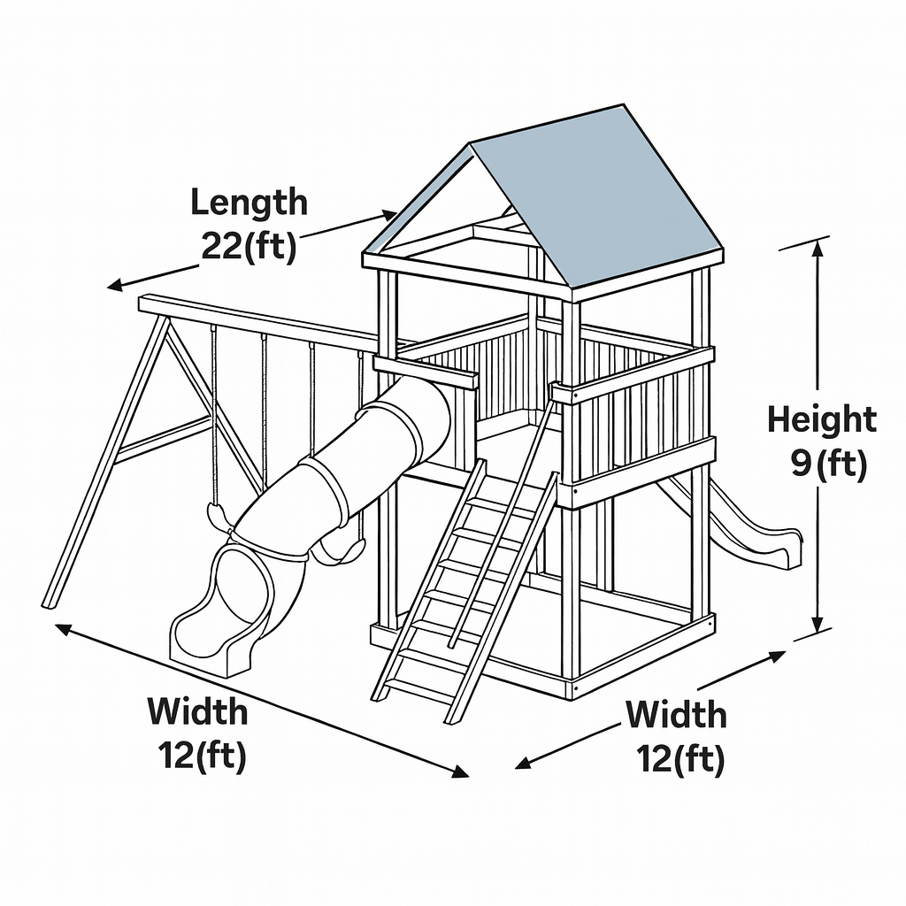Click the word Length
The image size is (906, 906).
tap(249, 203)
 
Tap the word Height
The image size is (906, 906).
tap(822, 419)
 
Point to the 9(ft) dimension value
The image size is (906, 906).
tap(829, 463)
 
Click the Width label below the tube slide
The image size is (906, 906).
tap(197, 711)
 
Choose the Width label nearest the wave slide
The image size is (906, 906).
tap(676, 715)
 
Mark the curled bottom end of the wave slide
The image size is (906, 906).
tap(784, 549)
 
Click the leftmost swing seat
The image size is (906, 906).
tap(218, 516)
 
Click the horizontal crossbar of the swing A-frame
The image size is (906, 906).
tap(164, 439)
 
